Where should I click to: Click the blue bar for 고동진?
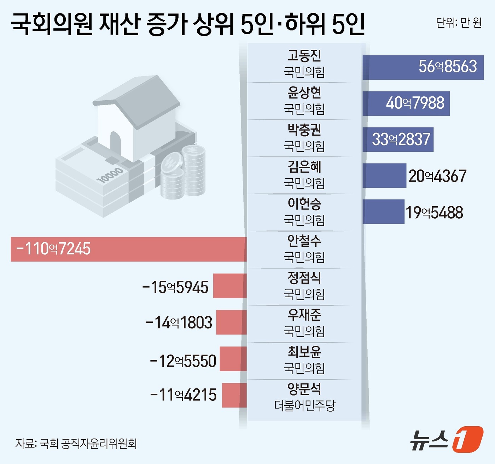click(423, 67)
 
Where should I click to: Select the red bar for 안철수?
click(129, 249)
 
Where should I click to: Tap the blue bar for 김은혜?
click(384, 176)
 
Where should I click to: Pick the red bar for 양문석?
click(234, 395)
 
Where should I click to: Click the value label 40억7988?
click(415, 103)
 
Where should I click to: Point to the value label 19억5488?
click(434, 213)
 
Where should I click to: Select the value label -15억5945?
click(175, 287)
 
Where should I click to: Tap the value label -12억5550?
click(183, 361)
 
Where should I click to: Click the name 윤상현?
click(304, 93)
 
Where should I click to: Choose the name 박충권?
click(304, 130)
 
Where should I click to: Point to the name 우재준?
click(304, 314)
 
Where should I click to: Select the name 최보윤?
click(304, 351)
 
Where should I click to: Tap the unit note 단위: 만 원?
click(459, 23)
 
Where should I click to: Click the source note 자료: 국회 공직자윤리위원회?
click(76, 443)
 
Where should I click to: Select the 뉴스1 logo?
click(446, 439)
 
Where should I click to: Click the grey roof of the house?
click(141, 97)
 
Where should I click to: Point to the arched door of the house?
click(116, 145)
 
